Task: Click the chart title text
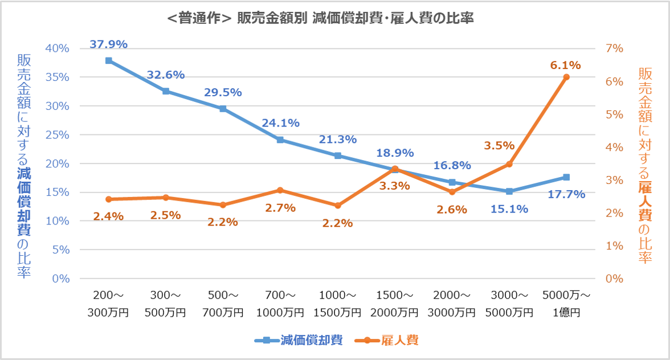321,18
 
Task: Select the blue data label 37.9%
108,44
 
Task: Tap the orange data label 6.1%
565,65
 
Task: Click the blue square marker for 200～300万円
108,60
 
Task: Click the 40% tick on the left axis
57,48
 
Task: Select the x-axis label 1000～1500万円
337,304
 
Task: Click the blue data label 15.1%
509,208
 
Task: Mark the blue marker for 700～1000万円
280,140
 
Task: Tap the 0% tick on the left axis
60,279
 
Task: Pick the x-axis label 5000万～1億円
566,304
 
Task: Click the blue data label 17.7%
566,194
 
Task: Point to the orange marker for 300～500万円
166,198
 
